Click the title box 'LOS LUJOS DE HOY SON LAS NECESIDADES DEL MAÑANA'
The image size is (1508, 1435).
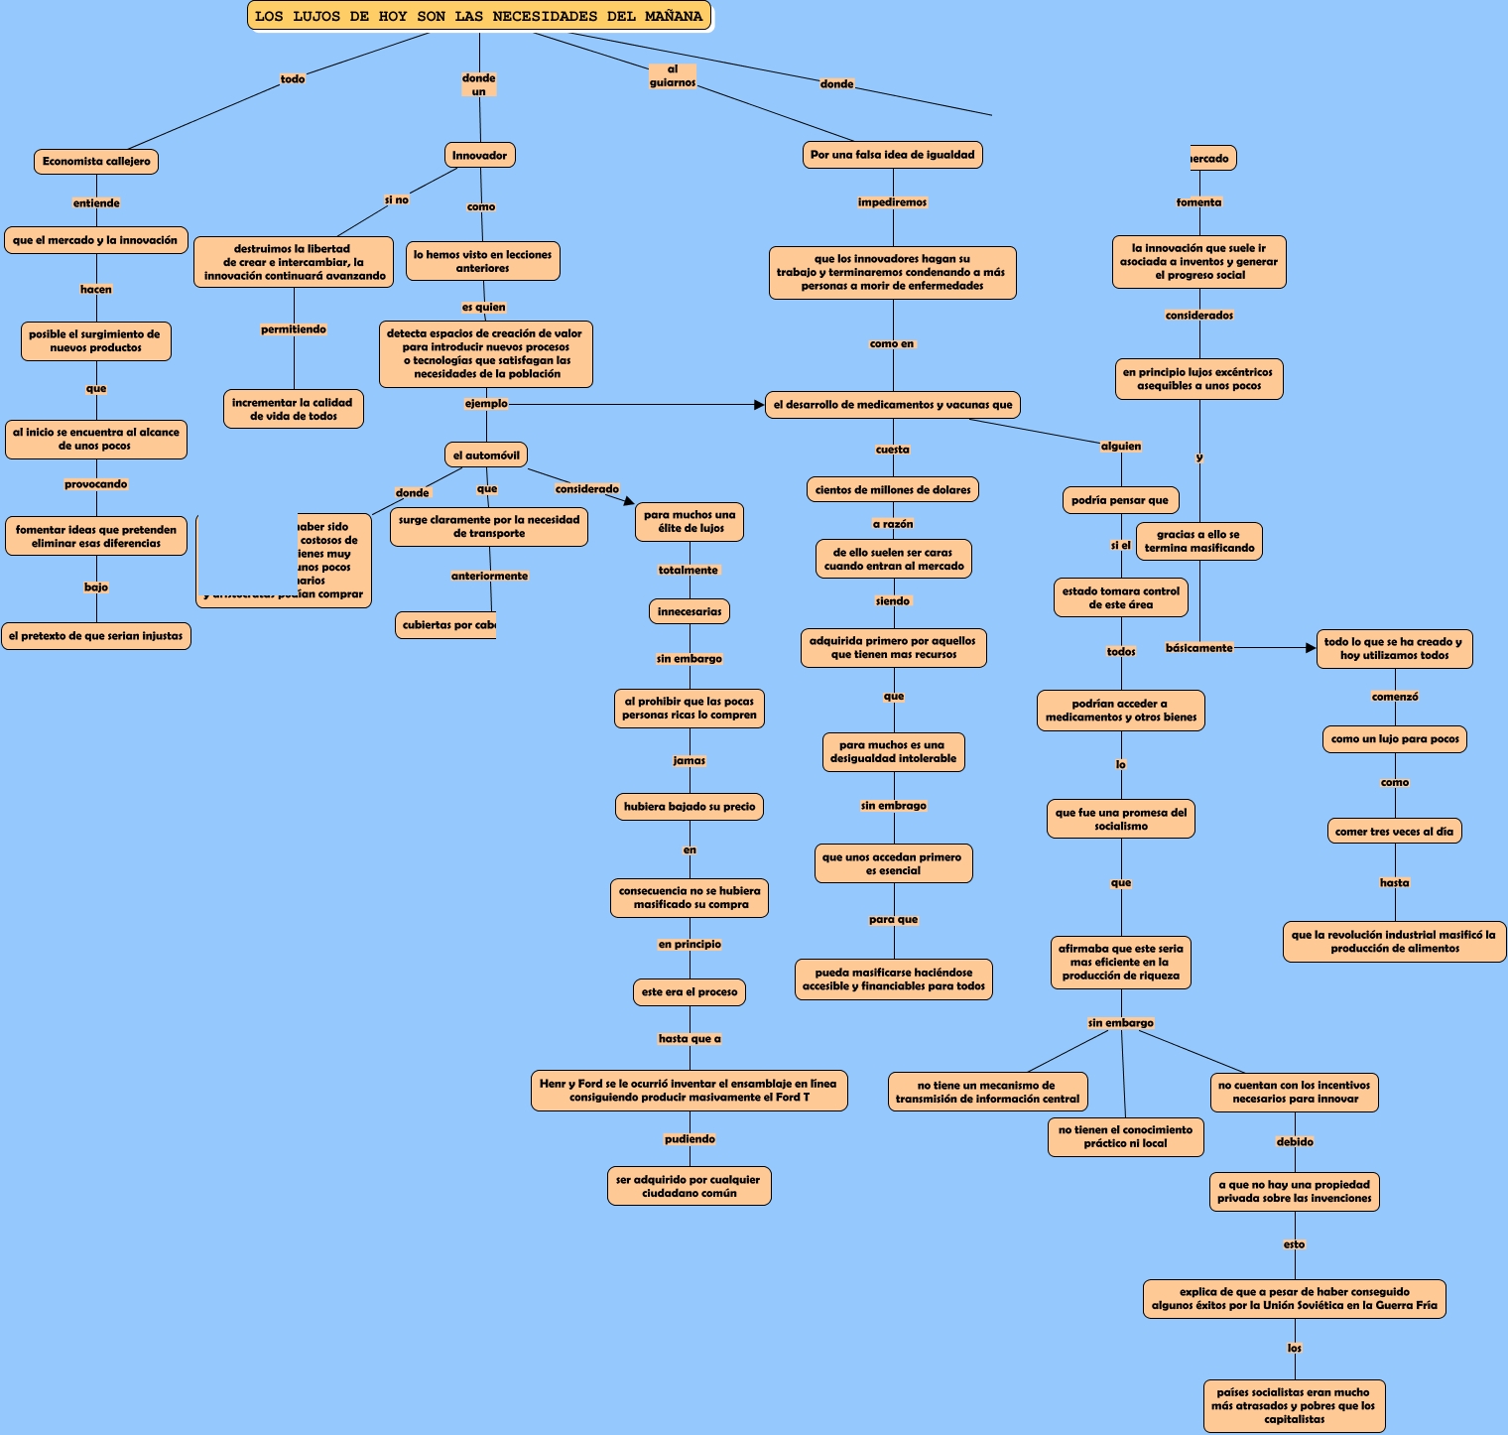click(x=479, y=16)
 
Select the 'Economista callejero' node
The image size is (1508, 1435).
click(x=96, y=161)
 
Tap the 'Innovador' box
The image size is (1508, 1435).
click(x=479, y=155)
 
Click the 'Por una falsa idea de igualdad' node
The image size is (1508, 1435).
click(x=892, y=155)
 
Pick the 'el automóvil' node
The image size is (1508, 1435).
click(x=486, y=456)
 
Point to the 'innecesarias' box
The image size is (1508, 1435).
click(x=690, y=611)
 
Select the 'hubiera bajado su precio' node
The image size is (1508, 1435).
click(x=690, y=807)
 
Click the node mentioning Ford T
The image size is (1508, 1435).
click(x=689, y=1091)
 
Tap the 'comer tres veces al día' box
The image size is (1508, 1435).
click(x=1394, y=832)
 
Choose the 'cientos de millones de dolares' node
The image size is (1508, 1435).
click(x=893, y=489)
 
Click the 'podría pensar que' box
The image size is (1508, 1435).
click(x=1120, y=500)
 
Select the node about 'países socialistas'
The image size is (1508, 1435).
click(x=1295, y=1405)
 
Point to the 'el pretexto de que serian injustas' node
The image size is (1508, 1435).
click(x=96, y=636)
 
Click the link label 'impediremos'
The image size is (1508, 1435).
click(x=892, y=202)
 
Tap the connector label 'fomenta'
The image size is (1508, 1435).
click(x=1198, y=202)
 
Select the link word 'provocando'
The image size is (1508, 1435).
click(x=96, y=484)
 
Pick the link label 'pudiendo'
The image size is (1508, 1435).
click(x=690, y=1139)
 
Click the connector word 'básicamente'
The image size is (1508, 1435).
click(x=1198, y=648)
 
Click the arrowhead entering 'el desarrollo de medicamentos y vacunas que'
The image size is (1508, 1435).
click(x=759, y=405)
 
